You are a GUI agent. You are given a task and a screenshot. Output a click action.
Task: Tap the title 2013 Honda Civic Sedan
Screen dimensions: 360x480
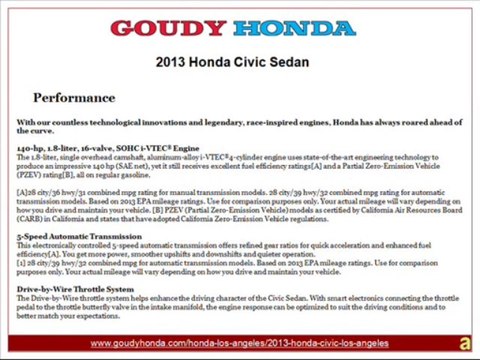[239, 62]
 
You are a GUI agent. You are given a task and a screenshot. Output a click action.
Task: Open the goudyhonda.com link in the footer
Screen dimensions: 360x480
[239, 343]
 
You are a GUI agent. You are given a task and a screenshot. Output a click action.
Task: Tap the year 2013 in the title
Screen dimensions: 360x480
[173, 62]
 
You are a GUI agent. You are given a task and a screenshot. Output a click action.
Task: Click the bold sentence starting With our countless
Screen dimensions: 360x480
[239, 126]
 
